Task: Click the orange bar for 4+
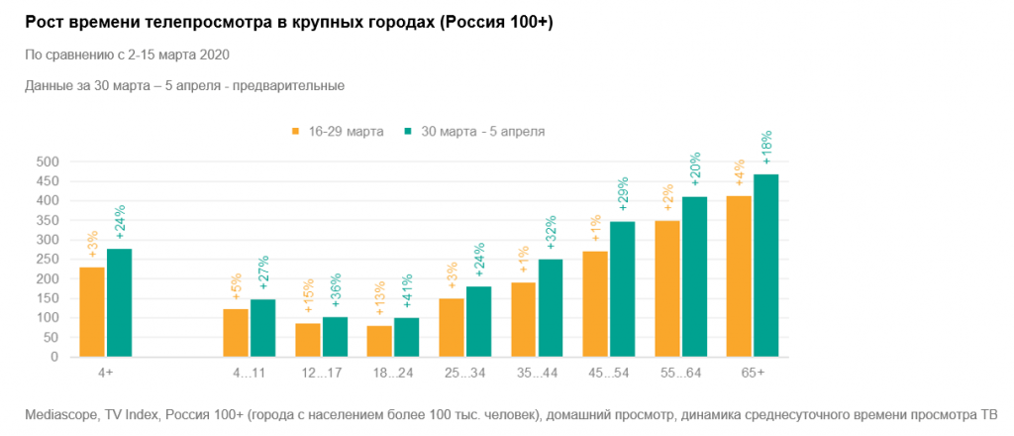(x=92, y=311)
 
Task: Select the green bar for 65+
(x=765, y=266)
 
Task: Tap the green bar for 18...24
(x=407, y=337)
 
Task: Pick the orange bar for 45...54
(x=595, y=303)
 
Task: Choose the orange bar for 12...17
(x=308, y=339)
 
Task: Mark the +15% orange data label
(x=308, y=299)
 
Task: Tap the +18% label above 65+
(x=765, y=147)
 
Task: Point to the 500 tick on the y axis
(x=48, y=162)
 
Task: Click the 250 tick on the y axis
(x=48, y=260)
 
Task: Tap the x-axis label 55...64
(x=681, y=372)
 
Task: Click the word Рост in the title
(x=45, y=23)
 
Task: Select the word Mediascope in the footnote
(x=58, y=414)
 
